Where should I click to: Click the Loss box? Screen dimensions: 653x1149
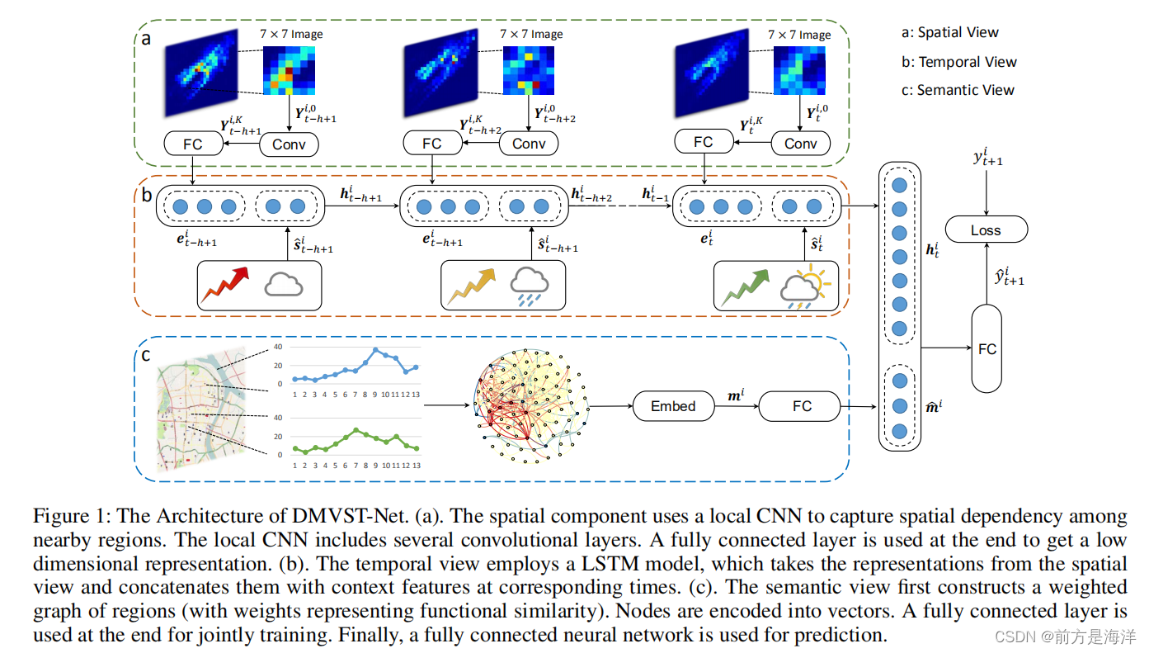point(986,230)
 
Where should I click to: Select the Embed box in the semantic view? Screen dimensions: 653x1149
point(673,406)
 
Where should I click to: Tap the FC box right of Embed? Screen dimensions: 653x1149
point(801,406)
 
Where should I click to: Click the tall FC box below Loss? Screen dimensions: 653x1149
point(987,349)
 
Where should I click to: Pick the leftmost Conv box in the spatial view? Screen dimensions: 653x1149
point(289,144)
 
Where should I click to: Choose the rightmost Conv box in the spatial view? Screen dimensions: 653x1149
point(800,144)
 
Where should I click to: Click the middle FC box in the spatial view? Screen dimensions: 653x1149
point(432,144)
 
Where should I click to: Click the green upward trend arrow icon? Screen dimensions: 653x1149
point(744,286)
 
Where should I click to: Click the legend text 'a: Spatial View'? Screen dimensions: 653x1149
point(949,33)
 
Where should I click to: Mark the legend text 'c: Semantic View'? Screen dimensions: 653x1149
point(958,90)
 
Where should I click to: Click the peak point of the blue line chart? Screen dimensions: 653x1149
point(376,350)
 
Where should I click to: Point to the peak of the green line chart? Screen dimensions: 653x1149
point(356,430)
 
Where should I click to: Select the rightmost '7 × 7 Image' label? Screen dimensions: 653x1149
point(798,35)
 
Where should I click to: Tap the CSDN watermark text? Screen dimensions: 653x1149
point(1063,636)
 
